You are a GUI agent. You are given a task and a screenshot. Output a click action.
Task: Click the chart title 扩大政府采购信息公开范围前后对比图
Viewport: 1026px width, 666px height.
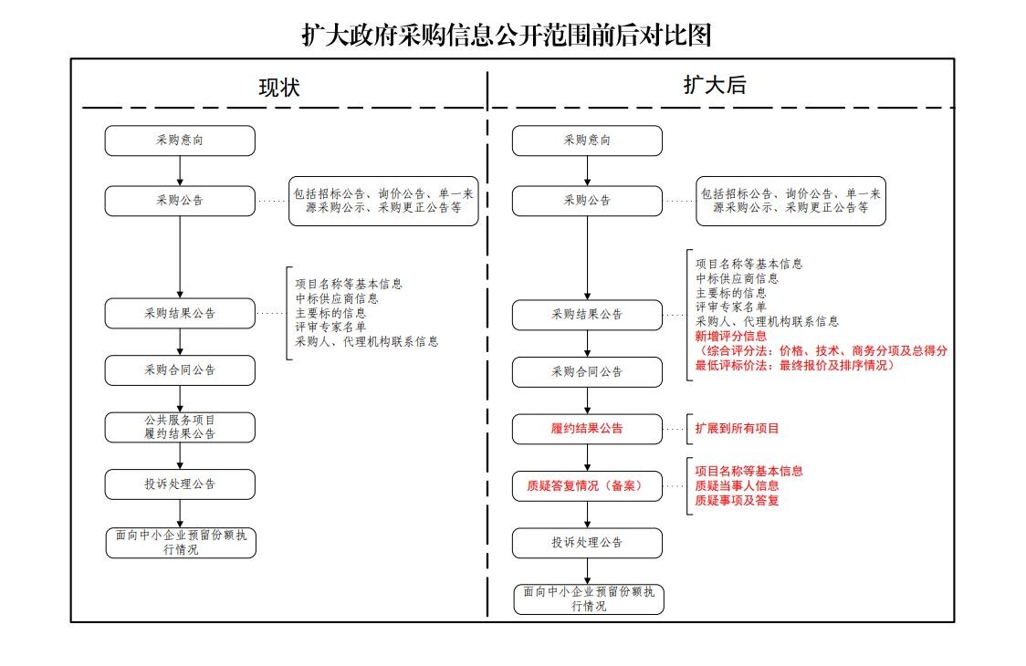(x=507, y=35)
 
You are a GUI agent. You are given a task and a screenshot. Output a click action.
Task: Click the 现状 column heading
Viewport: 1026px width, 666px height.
(x=279, y=88)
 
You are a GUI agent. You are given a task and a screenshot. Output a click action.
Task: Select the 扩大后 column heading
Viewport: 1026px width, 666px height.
(x=715, y=86)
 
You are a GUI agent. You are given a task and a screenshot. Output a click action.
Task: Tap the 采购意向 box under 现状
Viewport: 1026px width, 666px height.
(x=180, y=140)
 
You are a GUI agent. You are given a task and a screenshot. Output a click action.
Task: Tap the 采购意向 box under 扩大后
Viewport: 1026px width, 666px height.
(x=587, y=140)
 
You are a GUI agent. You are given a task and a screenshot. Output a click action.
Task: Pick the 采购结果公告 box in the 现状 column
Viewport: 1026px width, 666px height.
(x=180, y=313)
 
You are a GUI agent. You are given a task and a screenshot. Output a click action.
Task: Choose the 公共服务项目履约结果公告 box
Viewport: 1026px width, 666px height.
(x=180, y=427)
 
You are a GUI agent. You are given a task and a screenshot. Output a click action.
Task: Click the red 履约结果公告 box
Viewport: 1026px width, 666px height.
(x=587, y=428)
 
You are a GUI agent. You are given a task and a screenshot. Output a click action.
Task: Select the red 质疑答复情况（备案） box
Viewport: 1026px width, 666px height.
(x=587, y=486)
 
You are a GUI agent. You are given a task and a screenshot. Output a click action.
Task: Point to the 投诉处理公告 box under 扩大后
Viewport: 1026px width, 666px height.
(x=587, y=542)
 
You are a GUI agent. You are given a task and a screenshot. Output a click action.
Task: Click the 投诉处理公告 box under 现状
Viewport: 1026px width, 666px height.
(x=180, y=484)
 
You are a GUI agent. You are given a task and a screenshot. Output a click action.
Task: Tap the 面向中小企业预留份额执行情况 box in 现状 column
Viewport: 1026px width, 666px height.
(x=180, y=543)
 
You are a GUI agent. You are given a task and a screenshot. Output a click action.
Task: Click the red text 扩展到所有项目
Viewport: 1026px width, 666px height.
(x=738, y=428)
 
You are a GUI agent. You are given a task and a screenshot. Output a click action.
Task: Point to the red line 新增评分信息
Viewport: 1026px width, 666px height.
(x=731, y=336)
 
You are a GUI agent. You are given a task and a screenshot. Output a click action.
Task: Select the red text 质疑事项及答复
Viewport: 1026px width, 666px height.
(x=738, y=501)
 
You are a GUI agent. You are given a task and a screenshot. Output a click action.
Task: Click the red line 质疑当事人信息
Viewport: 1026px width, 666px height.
(x=738, y=486)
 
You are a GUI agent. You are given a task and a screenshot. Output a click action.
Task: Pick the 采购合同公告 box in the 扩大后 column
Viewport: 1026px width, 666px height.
(x=587, y=372)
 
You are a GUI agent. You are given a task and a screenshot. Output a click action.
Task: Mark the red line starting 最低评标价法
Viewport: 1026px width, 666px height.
(x=793, y=365)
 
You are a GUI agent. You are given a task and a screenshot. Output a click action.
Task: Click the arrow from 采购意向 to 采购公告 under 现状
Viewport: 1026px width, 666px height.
(x=180, y=171)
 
